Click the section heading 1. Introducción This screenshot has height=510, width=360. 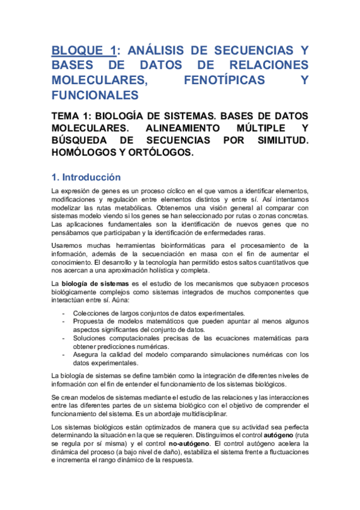[87, 177]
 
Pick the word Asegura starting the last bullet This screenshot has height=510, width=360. [87, 354]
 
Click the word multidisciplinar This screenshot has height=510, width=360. [197, 414]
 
